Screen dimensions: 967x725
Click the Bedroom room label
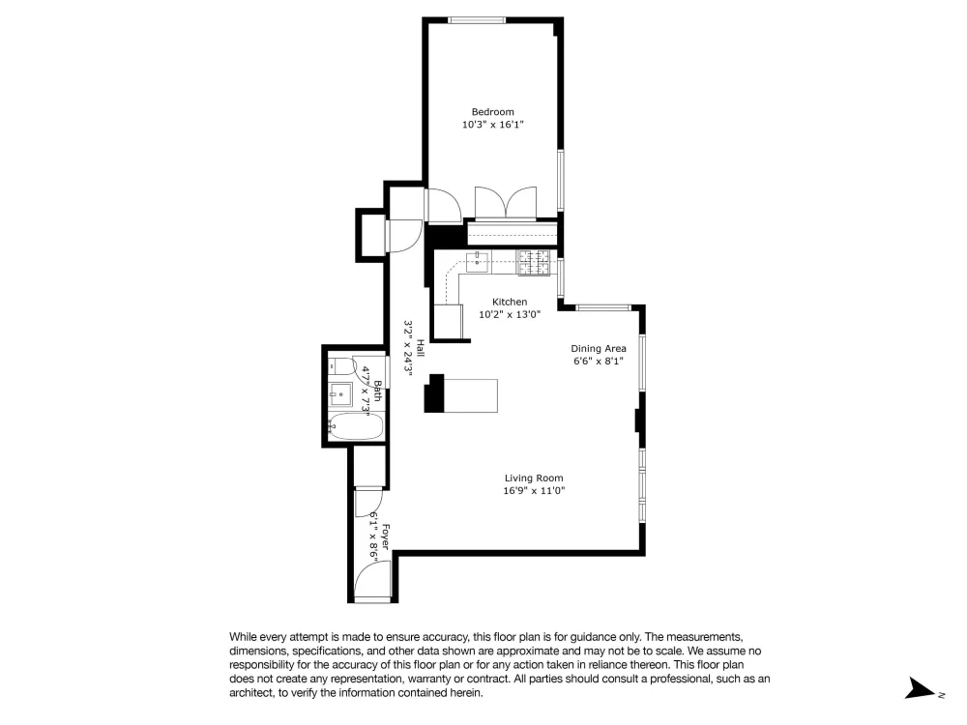point(492,111)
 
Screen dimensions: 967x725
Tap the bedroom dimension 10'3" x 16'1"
point(493,125)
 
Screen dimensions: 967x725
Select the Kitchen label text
point(510,302)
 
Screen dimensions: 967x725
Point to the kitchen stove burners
point(533,263)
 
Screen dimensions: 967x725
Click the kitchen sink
point(477,261)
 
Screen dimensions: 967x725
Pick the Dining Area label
point(599,348)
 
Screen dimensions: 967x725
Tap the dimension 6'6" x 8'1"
point(599,362)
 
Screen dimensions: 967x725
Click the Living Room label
point(534,478)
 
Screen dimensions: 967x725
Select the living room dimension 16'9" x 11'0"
point(534,491)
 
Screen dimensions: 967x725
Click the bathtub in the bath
point(355,426)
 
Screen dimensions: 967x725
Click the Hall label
point(420,348)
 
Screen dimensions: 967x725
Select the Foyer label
point(385,536)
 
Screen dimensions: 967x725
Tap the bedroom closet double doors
point(505,203)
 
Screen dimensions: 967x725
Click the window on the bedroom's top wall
point(477,20)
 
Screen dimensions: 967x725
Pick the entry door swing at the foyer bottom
point(372,580)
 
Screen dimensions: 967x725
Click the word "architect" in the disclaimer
point(249,693)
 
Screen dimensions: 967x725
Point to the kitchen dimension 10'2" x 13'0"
point(510,314)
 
